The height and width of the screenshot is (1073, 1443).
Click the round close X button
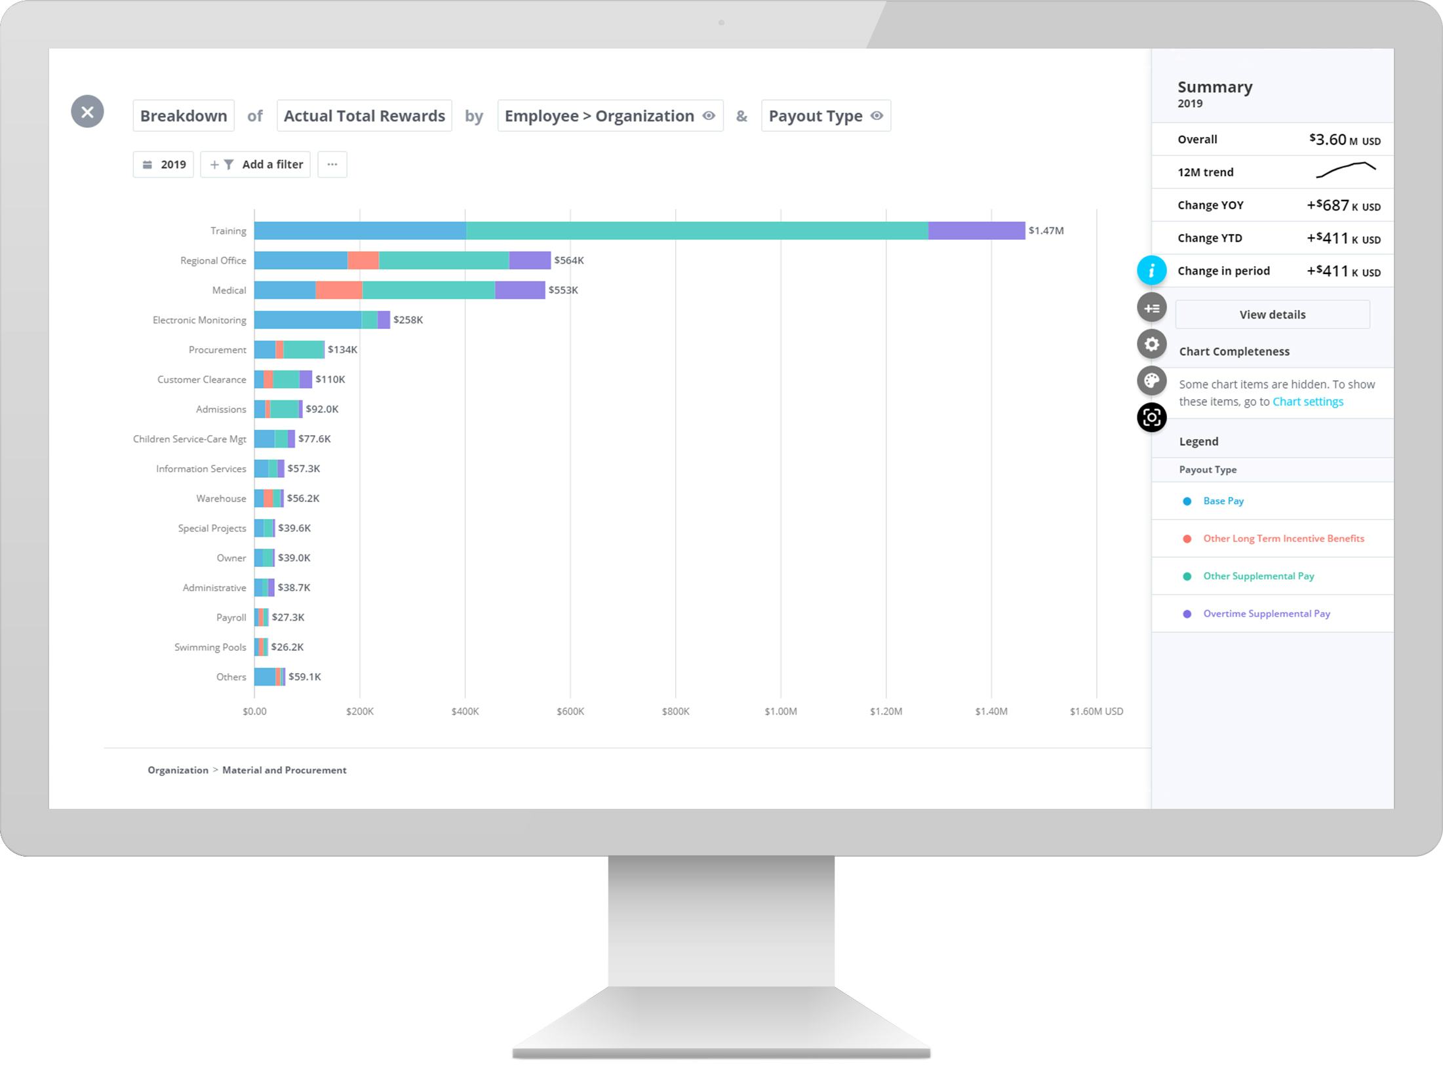pyautogui.click(x=87, y=111)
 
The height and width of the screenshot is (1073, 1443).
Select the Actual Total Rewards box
pyautogui.click(x=364, y=116)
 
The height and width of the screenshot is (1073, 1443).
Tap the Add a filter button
pyautogui.click(x=256, y=165)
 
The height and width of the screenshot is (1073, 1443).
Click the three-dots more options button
pyautogui.click(x=332, y=165)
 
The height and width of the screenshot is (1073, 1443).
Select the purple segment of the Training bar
pyautogui.click(x=976, y=231)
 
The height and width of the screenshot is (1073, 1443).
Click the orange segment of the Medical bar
pyautogui.click(x=338, y=290)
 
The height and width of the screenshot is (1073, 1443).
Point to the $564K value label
pyautogui.click(x=568, y=260)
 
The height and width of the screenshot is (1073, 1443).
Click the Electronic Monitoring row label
pyautogui.click(x=199, y=320)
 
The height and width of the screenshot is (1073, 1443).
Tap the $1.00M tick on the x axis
pyautogui.click(x=780, y=711)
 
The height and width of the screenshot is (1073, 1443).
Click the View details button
pyautogui.click(x=1272, y=315)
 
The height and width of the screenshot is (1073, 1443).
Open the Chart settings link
pyautogui.click(x=1307, y=402)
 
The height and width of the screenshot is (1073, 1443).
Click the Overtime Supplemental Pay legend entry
pyautogui.click(x=1266, y=614)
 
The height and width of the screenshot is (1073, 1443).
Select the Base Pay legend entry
pyautogui.click(x=1223, y=501)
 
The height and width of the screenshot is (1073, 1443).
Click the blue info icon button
pyautogui.click(x=1151, y=271)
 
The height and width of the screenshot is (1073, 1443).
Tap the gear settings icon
pyautogui.click(x=1151, y=344)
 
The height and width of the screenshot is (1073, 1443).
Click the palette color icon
pyautogui.click(x=1151, y=381)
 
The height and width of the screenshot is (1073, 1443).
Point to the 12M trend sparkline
pyautogui.click(x=1345, y=170)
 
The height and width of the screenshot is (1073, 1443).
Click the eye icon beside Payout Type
pyautogui.click(x=877, y=116)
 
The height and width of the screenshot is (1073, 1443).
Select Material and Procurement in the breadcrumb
pyautogui.click(x=284, y=770)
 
